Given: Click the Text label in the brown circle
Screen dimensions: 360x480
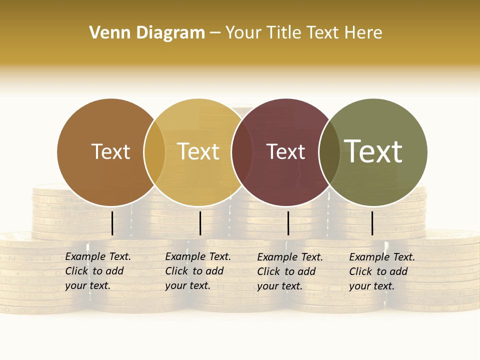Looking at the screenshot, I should coord(110,151).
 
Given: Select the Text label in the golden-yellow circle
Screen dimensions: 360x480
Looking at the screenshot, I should coord(198,151).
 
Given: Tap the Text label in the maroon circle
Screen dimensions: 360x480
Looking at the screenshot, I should coord(285,152).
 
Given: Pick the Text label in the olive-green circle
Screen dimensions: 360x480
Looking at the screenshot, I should coord(373,151).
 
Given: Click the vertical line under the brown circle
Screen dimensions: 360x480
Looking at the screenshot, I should coord(112,223).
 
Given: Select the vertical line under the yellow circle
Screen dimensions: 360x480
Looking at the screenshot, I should coord(200,223).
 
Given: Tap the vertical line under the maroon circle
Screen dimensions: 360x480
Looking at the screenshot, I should coord(288,223).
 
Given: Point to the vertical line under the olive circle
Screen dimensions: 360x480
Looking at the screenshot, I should coord(372,223).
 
